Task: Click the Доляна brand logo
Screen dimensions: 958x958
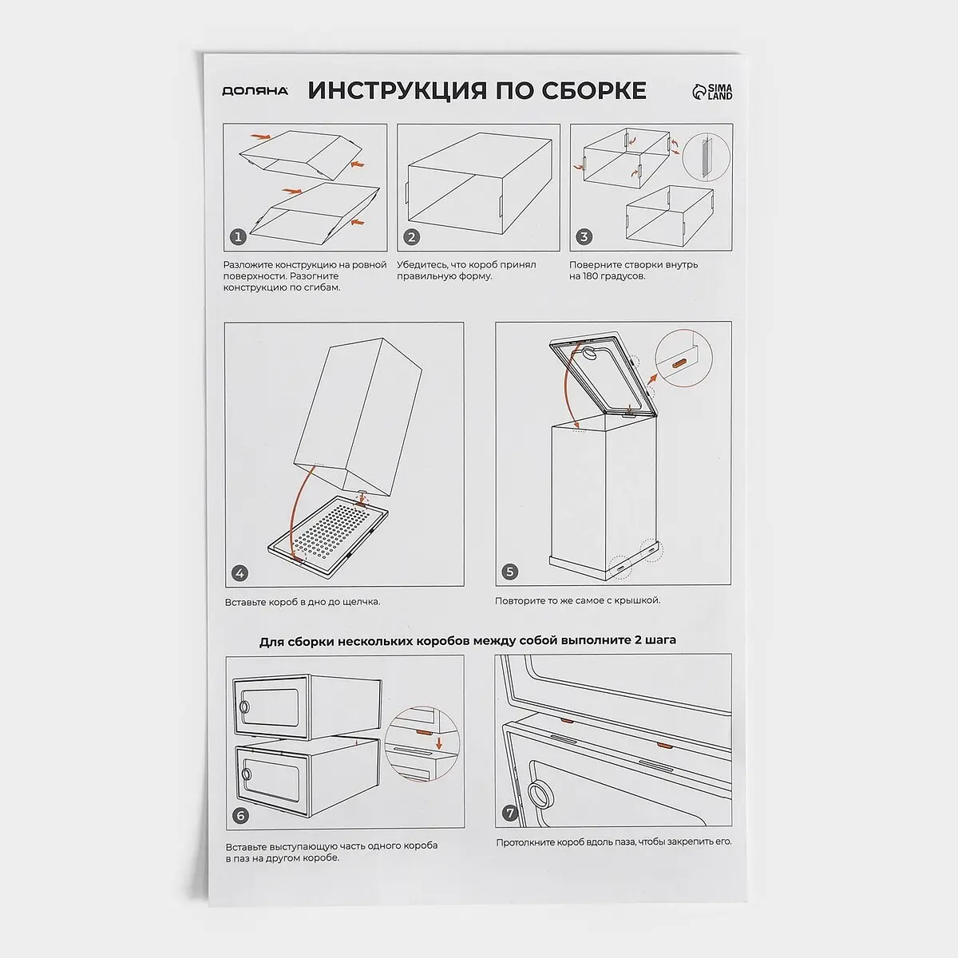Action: (x=255, y=91)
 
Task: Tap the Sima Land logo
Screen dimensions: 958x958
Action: (x=712, y=92)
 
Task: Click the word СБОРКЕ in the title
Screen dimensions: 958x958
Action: (x=594, y=90)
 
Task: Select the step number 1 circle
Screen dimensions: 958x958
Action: (x=238, y=236)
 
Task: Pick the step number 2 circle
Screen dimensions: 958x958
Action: (x=411, y=237)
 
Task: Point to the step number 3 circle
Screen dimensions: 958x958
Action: (x=584, y=236)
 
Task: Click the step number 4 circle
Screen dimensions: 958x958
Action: (x=239, y=573)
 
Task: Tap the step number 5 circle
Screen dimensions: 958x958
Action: (x=509, y=572)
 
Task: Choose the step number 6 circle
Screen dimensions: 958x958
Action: (x=240, y=816)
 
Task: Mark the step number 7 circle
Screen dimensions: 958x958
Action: (x=509, y=814)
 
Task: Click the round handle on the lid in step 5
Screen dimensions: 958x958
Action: (x=590, y=354)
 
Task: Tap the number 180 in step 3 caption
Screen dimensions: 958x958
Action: (x=594, y=276)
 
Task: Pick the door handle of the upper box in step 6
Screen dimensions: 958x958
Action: (x=244, y=707)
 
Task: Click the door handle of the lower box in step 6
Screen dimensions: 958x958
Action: (x=246, y=774)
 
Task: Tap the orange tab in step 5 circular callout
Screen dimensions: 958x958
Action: (x=679, y=363)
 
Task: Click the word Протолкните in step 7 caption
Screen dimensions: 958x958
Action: (x=525, y=842)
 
